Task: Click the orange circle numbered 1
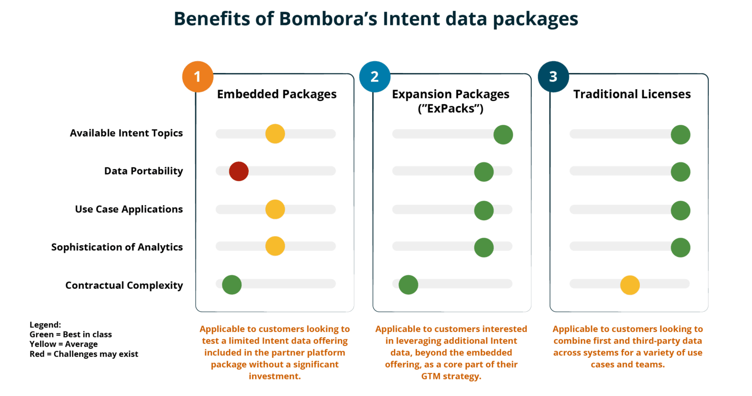198,77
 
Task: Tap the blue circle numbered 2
375,77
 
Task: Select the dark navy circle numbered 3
553,77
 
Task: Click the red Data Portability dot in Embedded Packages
238,171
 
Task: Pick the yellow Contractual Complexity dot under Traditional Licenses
630,285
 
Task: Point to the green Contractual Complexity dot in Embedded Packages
232,285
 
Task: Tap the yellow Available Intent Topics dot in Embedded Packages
275,134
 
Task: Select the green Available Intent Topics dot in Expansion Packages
503,135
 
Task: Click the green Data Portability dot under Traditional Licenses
681,172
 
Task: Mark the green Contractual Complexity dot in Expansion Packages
408,285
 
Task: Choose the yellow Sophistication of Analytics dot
275,246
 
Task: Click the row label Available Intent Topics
126,133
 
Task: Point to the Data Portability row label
143,171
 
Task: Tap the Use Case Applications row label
129,210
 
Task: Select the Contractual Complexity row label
124,285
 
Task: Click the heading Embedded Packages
277,94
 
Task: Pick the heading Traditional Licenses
632,94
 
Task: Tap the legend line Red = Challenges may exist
84,354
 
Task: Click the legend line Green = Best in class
71,334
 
